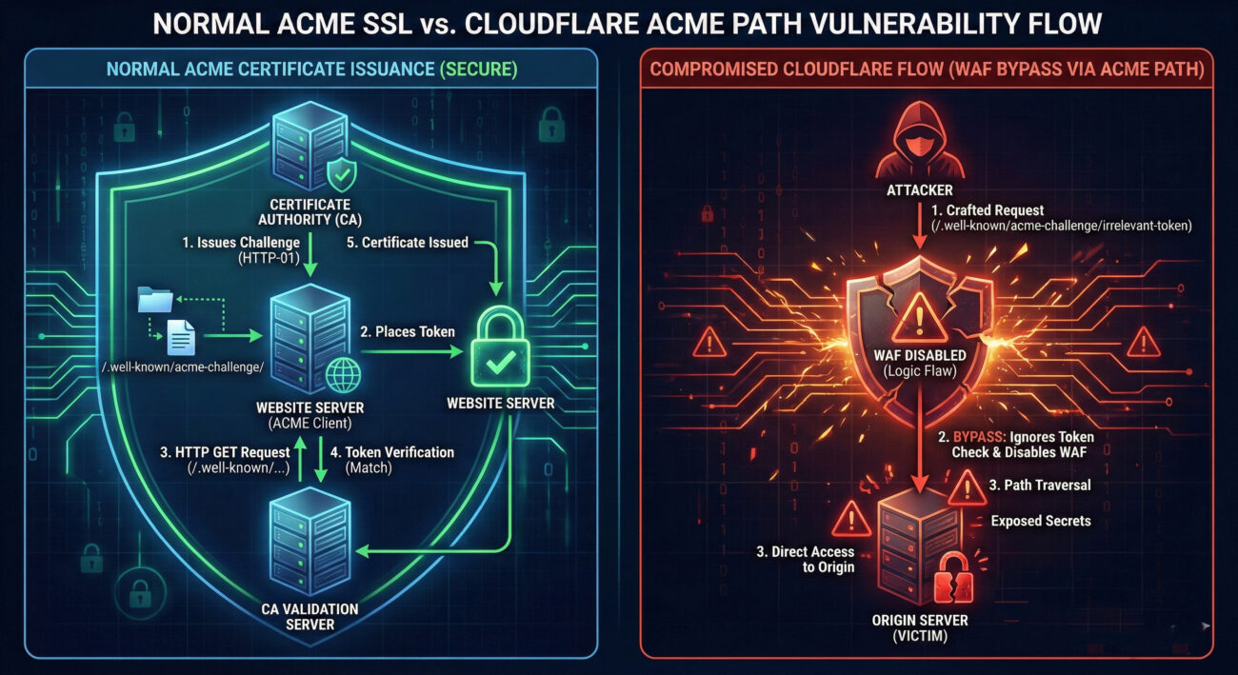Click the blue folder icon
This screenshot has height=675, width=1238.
(155, 300)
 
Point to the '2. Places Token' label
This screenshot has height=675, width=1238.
(407, 331)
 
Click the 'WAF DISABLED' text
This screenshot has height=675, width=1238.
(920, 356)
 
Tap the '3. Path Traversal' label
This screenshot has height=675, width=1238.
(1040, 486)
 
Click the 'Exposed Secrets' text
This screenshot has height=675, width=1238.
(1040, 521)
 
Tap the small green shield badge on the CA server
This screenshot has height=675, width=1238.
(340, 174)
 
